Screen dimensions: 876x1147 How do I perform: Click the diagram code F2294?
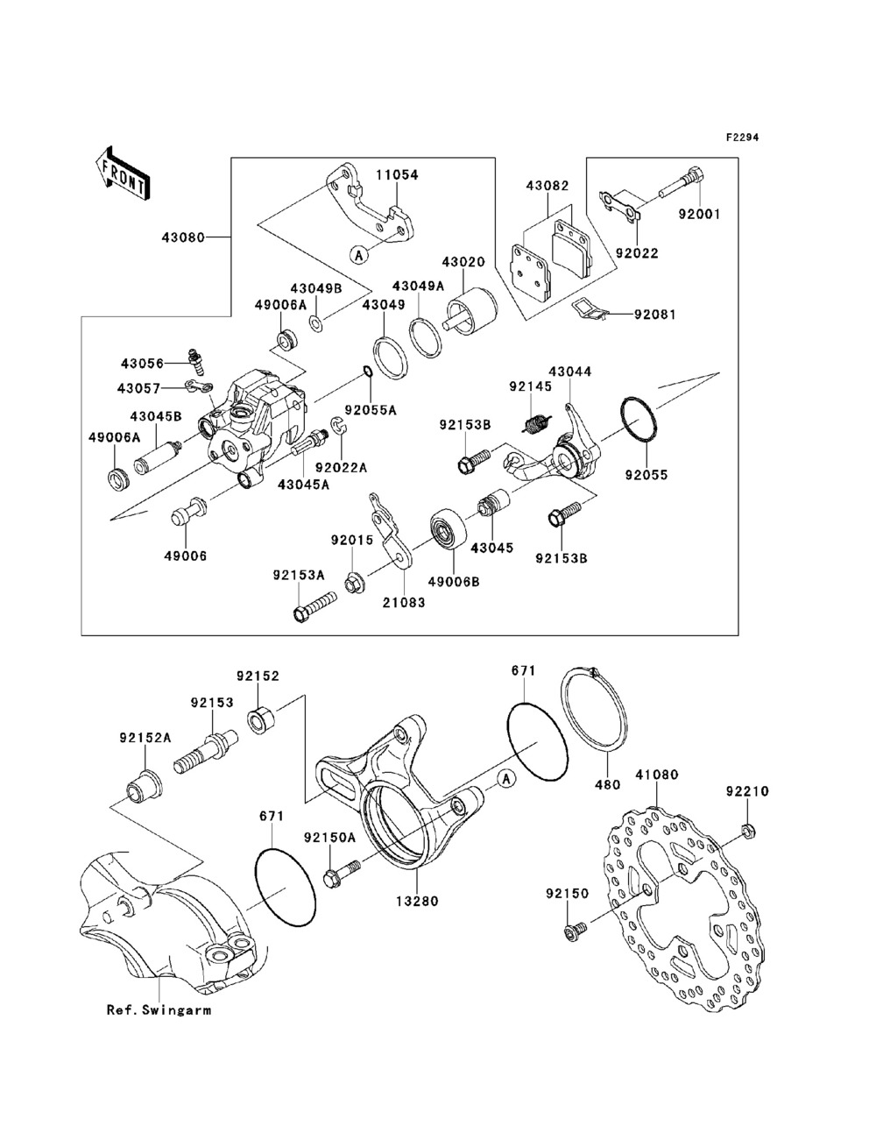[742, 138]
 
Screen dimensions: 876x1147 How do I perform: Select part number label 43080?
[183, 237]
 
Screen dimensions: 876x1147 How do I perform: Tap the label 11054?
[397, 174]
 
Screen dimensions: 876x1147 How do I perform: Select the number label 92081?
[655, 315]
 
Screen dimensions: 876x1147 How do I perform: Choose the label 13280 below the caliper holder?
[417, 902]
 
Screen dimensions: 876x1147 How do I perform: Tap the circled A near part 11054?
[358, 255]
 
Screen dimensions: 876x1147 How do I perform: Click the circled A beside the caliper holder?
[506, 793]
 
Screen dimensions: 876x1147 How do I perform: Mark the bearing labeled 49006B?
[449, 527]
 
